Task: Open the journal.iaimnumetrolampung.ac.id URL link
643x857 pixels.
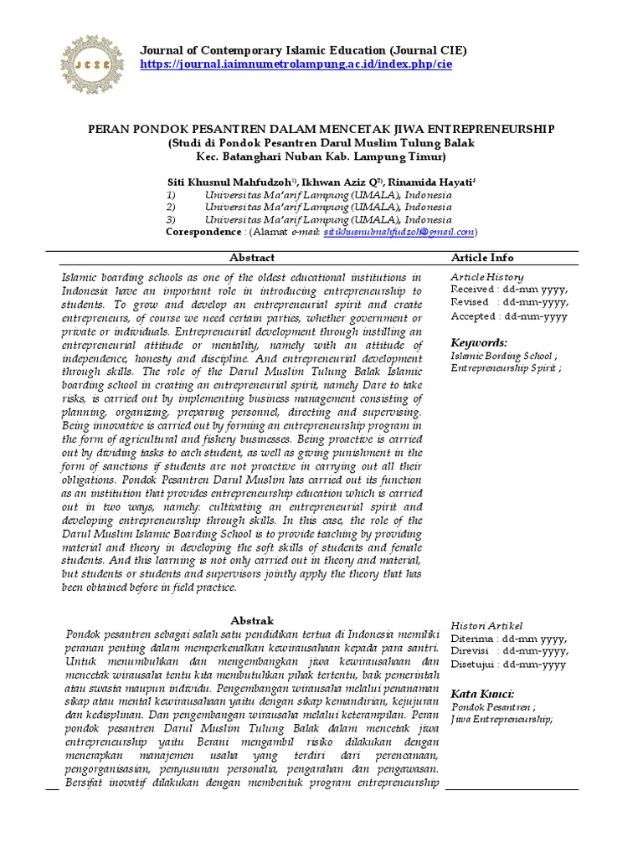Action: point(296,64)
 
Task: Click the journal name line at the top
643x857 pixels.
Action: point(303,50)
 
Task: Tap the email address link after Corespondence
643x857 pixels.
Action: point(399,231)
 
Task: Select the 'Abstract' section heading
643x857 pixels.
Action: point(251,258)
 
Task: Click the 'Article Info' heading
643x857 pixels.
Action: point(482,258)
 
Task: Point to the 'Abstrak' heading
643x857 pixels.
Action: point(252,620)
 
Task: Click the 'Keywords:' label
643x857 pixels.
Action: point(479,342)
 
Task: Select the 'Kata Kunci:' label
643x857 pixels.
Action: point(482,694)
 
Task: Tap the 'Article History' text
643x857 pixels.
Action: point(487,277)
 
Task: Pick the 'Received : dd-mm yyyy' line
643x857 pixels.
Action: point(509,290)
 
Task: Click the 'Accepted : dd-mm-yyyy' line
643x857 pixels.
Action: point(509,316)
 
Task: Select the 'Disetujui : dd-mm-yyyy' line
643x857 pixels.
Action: point(509,665)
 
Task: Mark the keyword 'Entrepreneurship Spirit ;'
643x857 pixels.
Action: point(506,367)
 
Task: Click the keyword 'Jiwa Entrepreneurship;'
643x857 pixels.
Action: point(502,719)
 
